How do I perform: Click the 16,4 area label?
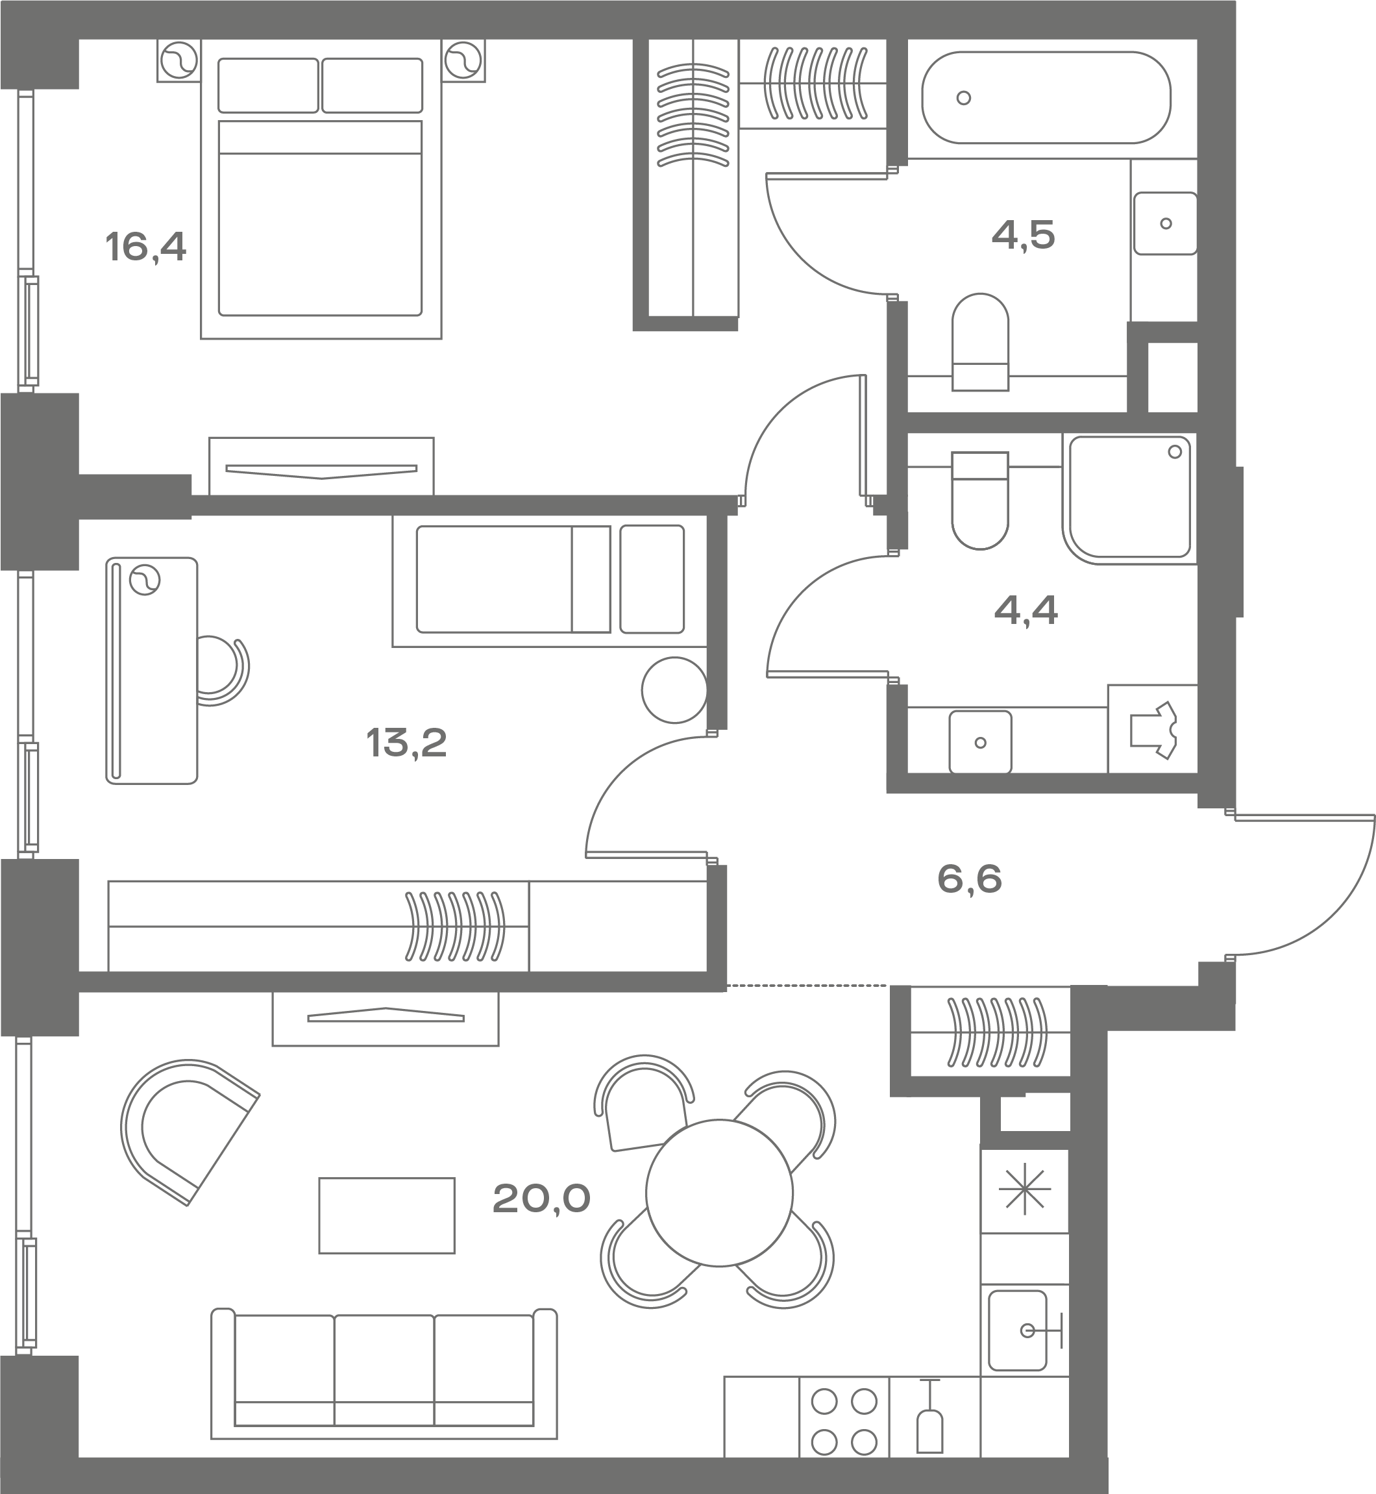pyautogui.click(x=146, y=247)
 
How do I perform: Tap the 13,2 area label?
pyautogui.click(x=406, y=743)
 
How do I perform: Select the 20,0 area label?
pyautogui.click(x=541, y=1199)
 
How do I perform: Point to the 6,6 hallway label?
pyautogui.click(x=970, y=879)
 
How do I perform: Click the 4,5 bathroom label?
pyautogui.click(x=1024, y=235)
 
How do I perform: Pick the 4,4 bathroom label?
pyautogui.click(x=1026, y=612)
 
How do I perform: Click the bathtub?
pyautogui.click(x=1046, y=97)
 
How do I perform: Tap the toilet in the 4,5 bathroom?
pyautogui.click(x=981, y=342)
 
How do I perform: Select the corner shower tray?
pyautogui.click(x=1129, y=497)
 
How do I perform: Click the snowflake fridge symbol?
pyautogui.click(x=1025, y=1189)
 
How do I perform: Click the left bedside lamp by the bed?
pyautogui.click(x=179, y=60)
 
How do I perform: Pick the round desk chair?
pyautogui.click(x=223, y=670)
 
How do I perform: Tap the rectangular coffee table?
pyautogui.click(x=386, y=1215)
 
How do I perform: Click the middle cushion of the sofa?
pyautogui.click(x=384, y=1369)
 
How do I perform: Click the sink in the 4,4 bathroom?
pyautogui.click(x=980, y=741)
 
